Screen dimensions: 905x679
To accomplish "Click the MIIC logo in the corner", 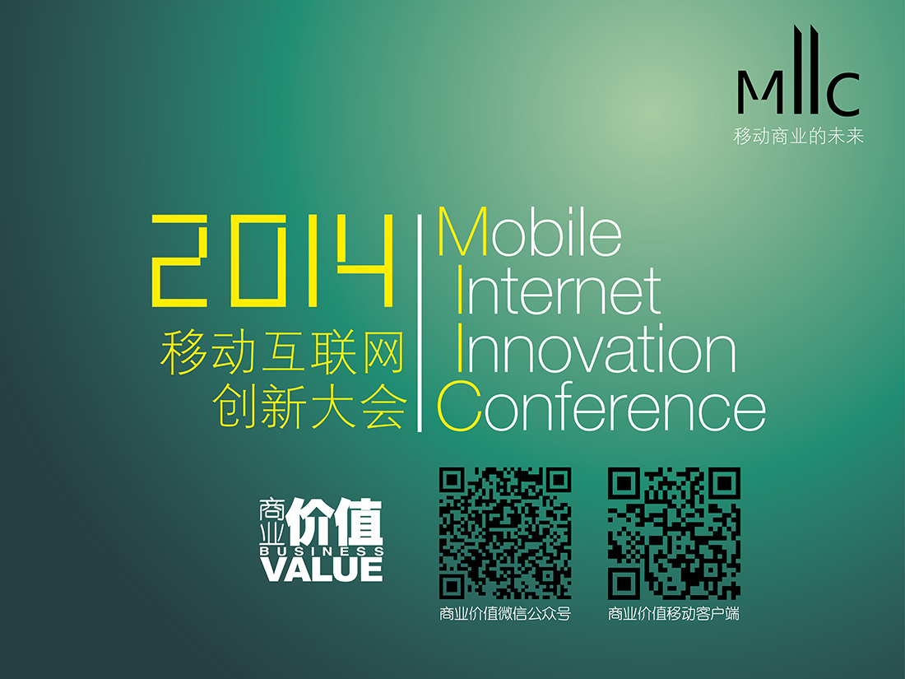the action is point(798,70).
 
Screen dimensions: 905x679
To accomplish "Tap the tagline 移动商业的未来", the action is point(798,137).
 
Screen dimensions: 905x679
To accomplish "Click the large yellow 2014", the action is point(272,260).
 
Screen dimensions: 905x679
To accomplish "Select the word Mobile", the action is point(530,232).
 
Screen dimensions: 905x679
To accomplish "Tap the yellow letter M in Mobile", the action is point(463,232).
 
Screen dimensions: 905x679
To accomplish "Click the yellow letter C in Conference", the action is point(459,407).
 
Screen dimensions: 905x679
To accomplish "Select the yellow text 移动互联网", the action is point(282,351).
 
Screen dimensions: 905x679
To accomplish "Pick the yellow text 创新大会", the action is point(309,406).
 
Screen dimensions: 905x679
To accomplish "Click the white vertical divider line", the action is point(420,323).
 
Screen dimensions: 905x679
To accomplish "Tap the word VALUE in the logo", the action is point(322,570).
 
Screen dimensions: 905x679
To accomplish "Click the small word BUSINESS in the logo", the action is point(322,551).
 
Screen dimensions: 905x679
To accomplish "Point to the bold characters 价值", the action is point(334,522).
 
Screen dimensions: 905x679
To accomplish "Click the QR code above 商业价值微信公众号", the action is point(505,533).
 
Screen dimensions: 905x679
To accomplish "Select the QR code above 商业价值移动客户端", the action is point(674,533).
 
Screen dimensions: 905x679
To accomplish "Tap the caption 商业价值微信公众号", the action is point(505,614).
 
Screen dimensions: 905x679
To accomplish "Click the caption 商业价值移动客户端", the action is point(674,614).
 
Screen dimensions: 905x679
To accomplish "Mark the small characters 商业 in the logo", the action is point(271,521).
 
